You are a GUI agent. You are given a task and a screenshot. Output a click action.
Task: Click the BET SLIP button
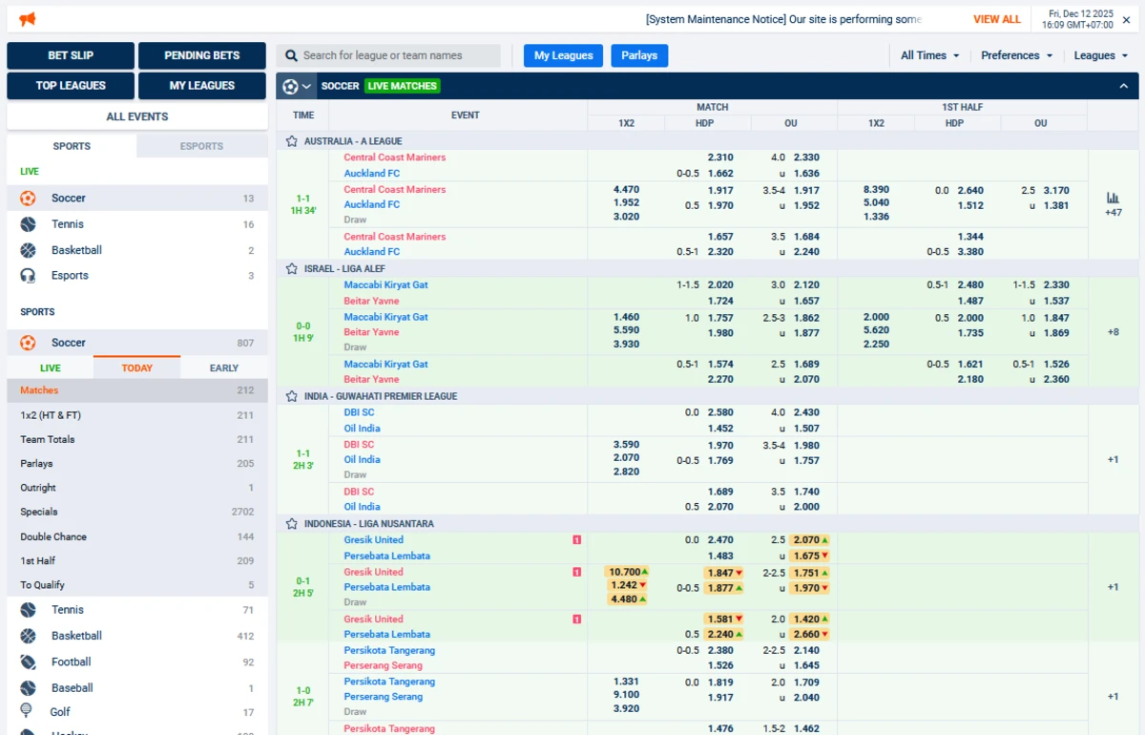click(71, 55)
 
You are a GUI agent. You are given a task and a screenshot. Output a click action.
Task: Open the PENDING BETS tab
click(201, 55)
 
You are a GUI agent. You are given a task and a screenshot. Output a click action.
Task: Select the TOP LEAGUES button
click(71, 86)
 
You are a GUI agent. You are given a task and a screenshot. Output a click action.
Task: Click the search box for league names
click(388, 55)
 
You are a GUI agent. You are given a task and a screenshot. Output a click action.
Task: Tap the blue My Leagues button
click(563, 55)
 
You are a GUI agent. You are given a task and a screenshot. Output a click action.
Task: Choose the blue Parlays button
click(639, 55)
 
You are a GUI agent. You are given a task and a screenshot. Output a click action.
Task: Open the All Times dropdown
click(929, 55)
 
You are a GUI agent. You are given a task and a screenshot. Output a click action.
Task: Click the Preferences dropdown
click(1016, 55)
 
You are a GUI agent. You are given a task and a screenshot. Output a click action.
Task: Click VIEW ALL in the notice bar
click(996, 19)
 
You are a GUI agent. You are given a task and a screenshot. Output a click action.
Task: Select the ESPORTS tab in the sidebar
click(201, 146)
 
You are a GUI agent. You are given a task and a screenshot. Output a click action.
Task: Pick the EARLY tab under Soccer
click(224, 367)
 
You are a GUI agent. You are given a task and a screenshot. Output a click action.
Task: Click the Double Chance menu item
click(53, 536)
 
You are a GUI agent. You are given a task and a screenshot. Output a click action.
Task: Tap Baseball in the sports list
click(72, 687)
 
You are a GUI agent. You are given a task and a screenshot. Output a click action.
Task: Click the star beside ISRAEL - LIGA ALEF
click(292, 269)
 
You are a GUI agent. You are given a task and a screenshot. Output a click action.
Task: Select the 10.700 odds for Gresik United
click(625, 572)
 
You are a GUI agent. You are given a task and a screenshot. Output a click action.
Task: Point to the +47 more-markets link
click(1113, 212)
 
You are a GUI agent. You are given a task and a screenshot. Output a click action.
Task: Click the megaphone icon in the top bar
click(27, 19)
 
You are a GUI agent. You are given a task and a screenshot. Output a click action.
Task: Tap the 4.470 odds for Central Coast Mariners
click(626, 190)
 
